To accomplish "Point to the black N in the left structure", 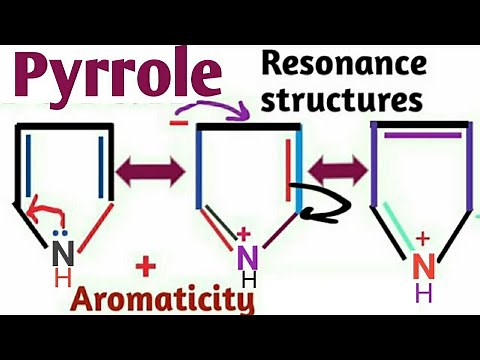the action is (59, 252).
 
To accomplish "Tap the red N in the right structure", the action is (424, 265).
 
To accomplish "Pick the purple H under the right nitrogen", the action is (424, 293).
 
